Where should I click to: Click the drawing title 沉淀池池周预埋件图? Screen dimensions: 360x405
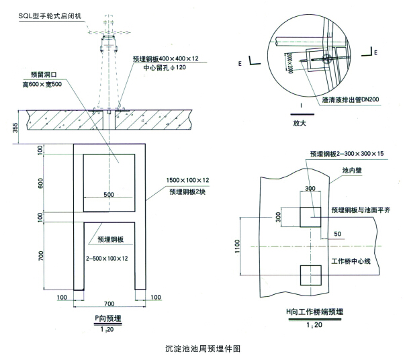pos(203,349)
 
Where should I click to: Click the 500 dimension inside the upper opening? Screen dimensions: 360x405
pos(109,195)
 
